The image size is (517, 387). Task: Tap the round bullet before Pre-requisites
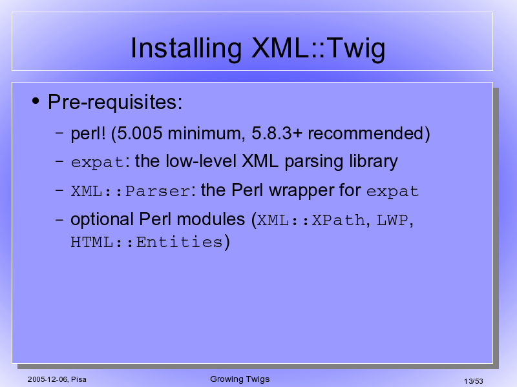point(36,101)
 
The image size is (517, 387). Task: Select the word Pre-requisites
point(115,103)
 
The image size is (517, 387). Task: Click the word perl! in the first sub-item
point(88,134)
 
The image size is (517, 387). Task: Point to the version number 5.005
point(140,134)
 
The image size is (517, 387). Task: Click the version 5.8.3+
point(277,134)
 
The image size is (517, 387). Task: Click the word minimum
point(206,134)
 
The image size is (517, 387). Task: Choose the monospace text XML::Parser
point(131,191)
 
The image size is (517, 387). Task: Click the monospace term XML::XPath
point(311,220)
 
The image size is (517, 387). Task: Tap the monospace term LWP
point(392,220)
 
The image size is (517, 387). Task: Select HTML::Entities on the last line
point(147,243)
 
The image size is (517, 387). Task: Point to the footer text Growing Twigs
point(240,379)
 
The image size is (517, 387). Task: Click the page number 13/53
point(474,381)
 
